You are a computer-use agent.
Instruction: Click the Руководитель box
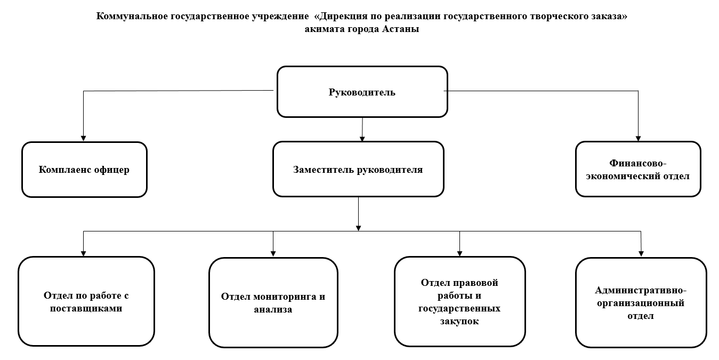[362, 92]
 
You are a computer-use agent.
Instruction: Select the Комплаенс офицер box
[84, 170]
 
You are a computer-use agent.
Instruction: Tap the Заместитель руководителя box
[358, 169]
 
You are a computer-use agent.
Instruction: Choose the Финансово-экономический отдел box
[638, 169]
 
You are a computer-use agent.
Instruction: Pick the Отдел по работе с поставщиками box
[86, 301]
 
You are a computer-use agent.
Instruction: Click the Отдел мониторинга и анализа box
[273, 302]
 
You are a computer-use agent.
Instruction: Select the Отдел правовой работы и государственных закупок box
[459, 301]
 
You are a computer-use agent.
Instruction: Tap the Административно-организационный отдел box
[641, 302]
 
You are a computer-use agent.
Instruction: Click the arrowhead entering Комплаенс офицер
[84, 139]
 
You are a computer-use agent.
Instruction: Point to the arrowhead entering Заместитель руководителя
[362, 139]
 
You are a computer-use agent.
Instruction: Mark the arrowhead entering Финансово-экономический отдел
[638, 139]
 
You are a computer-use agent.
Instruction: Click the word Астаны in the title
[401, 29]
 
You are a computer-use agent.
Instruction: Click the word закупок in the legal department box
[459, 321]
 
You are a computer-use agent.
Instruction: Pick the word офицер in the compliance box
[111, 170]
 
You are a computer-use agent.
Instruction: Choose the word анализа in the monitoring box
[273, 309]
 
